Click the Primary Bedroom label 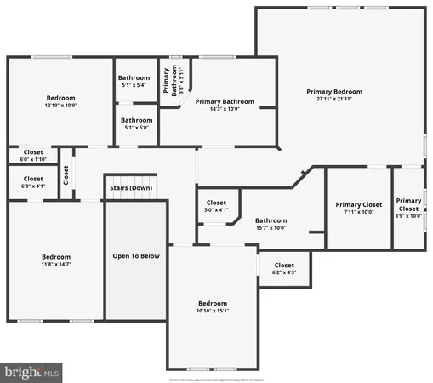(334, 92)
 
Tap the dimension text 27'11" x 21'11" (334, 100)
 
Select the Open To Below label (136, 255)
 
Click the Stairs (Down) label (131, 188)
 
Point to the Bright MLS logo (31, 371)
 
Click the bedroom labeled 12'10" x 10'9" (60, 101)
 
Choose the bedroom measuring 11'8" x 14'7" (56, 260)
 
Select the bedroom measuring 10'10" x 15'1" (213, 307)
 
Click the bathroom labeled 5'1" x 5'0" (136, 123)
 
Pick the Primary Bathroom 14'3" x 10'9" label (225, 105)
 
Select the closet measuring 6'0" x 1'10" (32, 155)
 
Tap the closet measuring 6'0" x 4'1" (32, 182)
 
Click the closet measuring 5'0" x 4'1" (216, 206)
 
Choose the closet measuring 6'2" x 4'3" (284, 269)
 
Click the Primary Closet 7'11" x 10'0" (358, 209)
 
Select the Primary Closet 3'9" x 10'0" (408, 208)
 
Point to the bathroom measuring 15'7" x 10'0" (271, 224)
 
